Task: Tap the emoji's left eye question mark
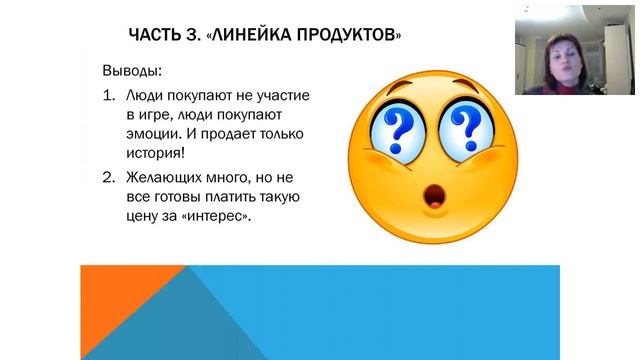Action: [x=399, y=129]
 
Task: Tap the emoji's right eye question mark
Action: [x=464, y=129]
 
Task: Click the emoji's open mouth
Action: [x=437, y=198]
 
